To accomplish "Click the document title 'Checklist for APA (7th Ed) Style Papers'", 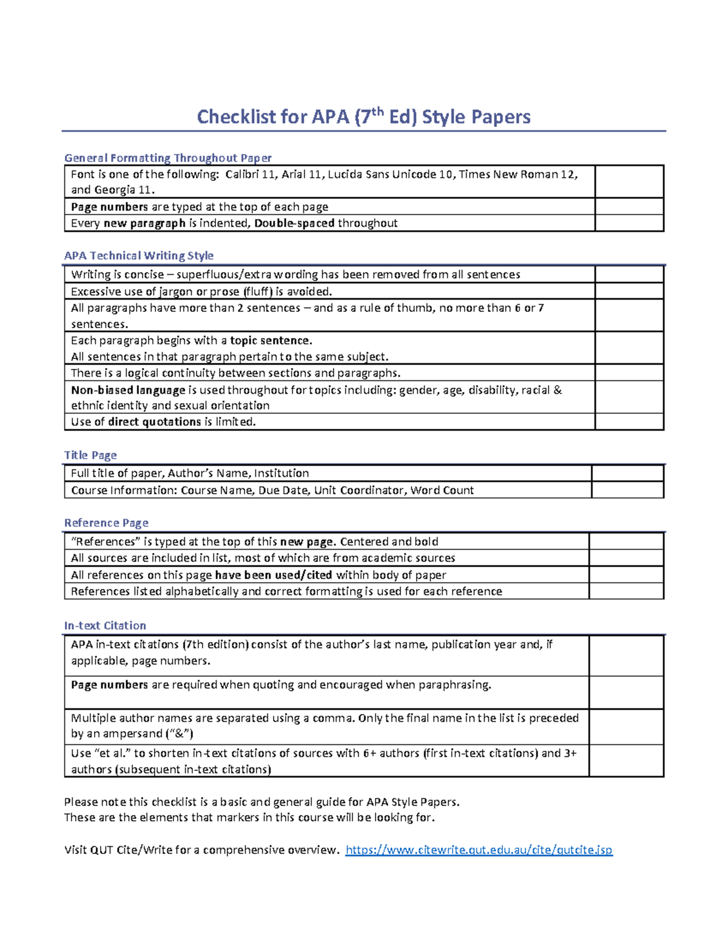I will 363,116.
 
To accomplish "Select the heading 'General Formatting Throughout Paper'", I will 167,158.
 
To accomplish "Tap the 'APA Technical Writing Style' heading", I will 139,255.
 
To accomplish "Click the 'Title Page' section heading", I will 90,455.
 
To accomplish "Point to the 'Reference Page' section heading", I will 106,523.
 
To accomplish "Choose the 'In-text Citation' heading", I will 105,625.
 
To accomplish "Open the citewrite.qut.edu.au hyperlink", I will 479,850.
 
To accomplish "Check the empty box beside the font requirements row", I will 629,181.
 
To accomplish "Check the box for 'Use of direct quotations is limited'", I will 629,422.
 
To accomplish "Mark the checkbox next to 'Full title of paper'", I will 627,473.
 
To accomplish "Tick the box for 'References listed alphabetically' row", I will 626,591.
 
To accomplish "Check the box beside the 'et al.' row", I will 626,761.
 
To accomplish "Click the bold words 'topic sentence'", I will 271,340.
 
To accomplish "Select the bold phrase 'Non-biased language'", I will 128,390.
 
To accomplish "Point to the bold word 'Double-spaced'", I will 294,223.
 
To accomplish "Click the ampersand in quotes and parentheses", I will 179,733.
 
